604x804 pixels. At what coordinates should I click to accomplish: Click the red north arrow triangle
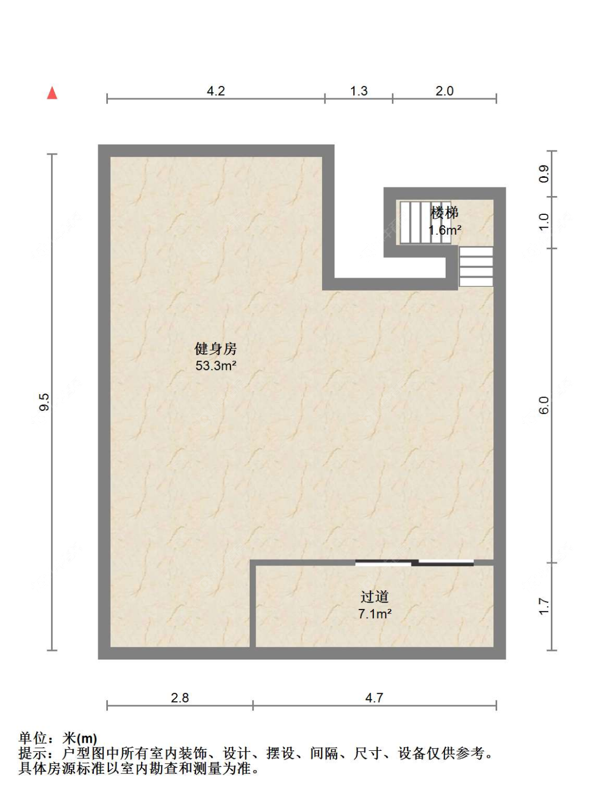(x=52, y=93)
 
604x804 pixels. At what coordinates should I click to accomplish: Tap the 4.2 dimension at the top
(x=216, y=91)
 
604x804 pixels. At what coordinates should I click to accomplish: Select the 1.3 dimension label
(x=359, y=91)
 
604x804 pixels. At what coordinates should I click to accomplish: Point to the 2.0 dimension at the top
(x=445, y=91)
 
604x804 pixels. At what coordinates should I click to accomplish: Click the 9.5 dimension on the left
(x=45, y=402)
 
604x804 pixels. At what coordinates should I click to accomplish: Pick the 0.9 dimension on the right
(x=544, y=173)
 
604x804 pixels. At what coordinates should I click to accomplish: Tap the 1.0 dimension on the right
(x=544, y=222)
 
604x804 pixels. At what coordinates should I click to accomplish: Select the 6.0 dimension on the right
(x=544, y=405)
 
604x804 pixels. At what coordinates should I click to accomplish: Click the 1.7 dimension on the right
(x=544, y=606)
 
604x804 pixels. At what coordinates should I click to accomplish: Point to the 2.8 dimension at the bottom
(x=180, y=698)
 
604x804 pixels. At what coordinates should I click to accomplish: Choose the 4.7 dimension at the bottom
(x=374, y=698)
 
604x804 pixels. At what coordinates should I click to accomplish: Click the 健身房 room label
(x=215, y=349)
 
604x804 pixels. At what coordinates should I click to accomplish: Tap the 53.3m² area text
(x=216, y=366)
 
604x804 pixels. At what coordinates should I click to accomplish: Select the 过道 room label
(x=374, y=597)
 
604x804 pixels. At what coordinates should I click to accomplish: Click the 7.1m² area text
(x=375, y=613)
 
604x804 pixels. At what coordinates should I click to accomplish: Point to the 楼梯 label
(x=445, y=213)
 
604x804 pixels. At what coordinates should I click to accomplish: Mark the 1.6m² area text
(x=445, y=230)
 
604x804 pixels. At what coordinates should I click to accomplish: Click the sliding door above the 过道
(x=414, y=563)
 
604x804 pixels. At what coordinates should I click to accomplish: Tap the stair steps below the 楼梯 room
(x=476, y=266)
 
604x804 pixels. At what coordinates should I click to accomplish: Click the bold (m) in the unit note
(x=87, y=738)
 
